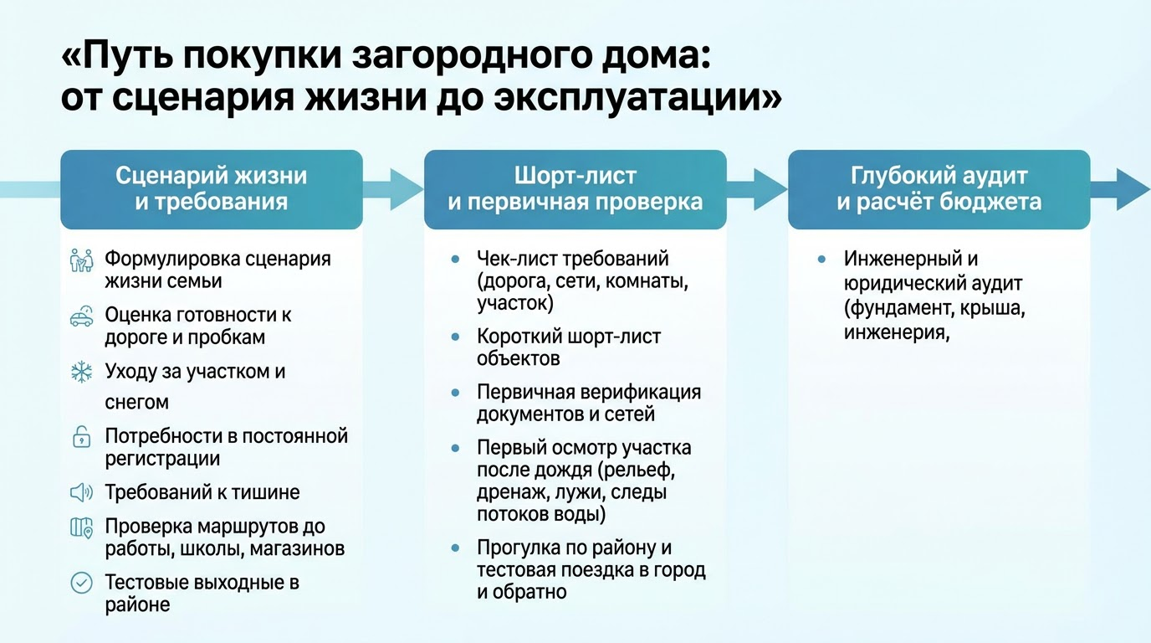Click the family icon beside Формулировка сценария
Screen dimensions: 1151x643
pyautogui.click(x=82, y=260)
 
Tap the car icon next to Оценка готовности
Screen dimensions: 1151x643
pyautogui.click(x=82, y=316)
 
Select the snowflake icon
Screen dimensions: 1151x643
pyautogui.click(x=82, y=372)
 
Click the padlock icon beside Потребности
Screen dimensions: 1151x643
pyautogui.click(x=82, y=437)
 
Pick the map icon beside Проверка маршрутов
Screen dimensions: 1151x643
pyautogui.click(x=82, y=527)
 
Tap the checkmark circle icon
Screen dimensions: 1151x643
pyautogui.click(x=82, y=584)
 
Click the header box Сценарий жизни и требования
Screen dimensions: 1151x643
pyautogui.click(x=212, y=189)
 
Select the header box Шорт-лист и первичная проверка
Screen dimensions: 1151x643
pyautogui.click(x=575, y=189)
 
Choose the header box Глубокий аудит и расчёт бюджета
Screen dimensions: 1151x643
pyautogui.click(x=939, y=189)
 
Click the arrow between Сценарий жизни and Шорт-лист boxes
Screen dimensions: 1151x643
pyautogui.click(x=394, y=189)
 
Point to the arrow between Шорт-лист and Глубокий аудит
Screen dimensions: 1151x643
pyautogui.click(x=757, y=189)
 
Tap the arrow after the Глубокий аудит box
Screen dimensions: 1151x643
pyautogui.click(x=1120, y=189)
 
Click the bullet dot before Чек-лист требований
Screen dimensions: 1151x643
pyautogui.click(x=455, y=259)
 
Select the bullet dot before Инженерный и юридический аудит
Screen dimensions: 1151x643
pyautogui.click(x=821, y=259)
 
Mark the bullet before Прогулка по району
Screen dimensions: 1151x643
pyautogui.click(x=455, y=548)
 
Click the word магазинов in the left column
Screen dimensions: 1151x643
pyautogui.click(x=297, y=549)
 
